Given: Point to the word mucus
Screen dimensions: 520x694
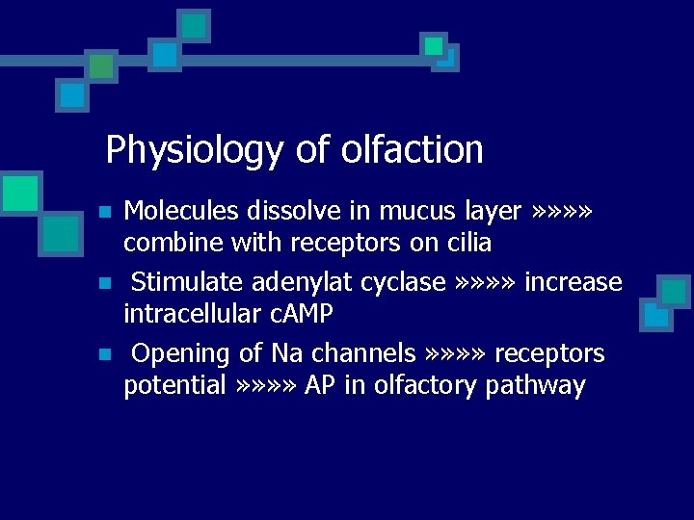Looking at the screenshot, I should pyautogui.click(x=414, y=210).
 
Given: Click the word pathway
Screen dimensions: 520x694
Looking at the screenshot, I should pyautogui.click(x=535, y=386).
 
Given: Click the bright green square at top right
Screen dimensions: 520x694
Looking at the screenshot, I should pyautogui.click(x=434, y=45).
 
